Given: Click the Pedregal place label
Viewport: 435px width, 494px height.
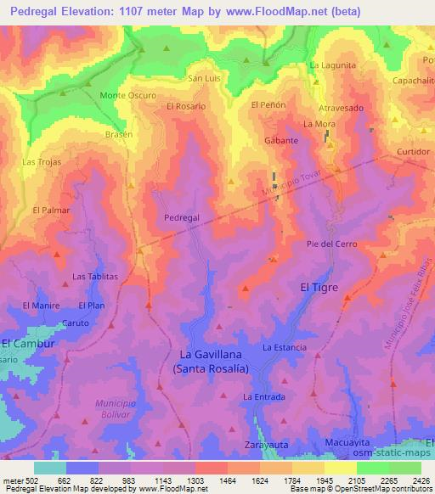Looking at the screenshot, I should [x=182, y=217].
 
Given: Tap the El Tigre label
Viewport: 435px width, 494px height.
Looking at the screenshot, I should [x=319, y=288].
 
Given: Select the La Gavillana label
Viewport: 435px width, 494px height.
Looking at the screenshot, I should [x=211, y=354].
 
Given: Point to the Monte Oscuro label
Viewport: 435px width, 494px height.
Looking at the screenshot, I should [x=128, y=95].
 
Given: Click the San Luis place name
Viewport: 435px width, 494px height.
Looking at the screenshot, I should [x=204, y=78].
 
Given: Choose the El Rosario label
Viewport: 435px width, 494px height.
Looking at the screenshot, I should [x=187, y=106].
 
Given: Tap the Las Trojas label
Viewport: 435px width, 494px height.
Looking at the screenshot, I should [x=41, y=161].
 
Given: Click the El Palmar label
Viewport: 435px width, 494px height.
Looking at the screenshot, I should [x=50, y=209].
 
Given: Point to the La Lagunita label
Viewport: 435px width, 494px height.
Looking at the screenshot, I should [x=333, y=65].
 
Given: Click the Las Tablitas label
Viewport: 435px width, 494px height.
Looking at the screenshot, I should [x=94, y=276].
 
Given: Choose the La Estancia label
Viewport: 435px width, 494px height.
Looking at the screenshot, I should [x=284, y=348].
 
